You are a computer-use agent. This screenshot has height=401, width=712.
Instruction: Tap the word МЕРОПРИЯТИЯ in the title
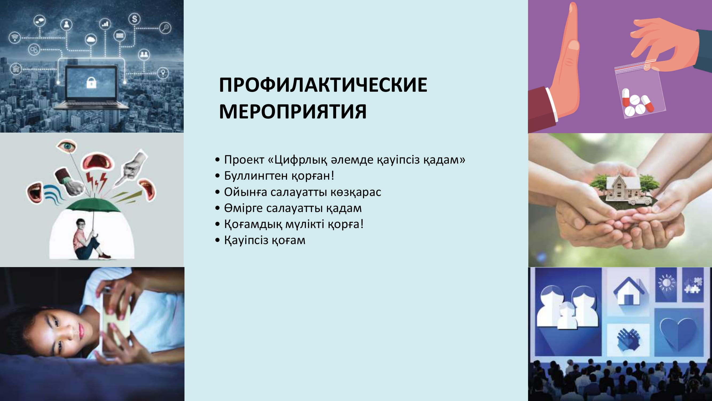(x=293, y=111)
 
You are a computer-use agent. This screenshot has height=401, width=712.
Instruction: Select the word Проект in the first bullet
(x=244, y=160)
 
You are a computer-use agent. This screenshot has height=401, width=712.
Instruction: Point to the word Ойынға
(x=245, y=192)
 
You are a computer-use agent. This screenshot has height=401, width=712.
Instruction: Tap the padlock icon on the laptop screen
(x=91, y=82)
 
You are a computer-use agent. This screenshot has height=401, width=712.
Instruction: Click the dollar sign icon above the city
(x=134, y=19)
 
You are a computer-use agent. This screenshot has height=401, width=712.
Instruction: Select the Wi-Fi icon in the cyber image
(x=15, y=37)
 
